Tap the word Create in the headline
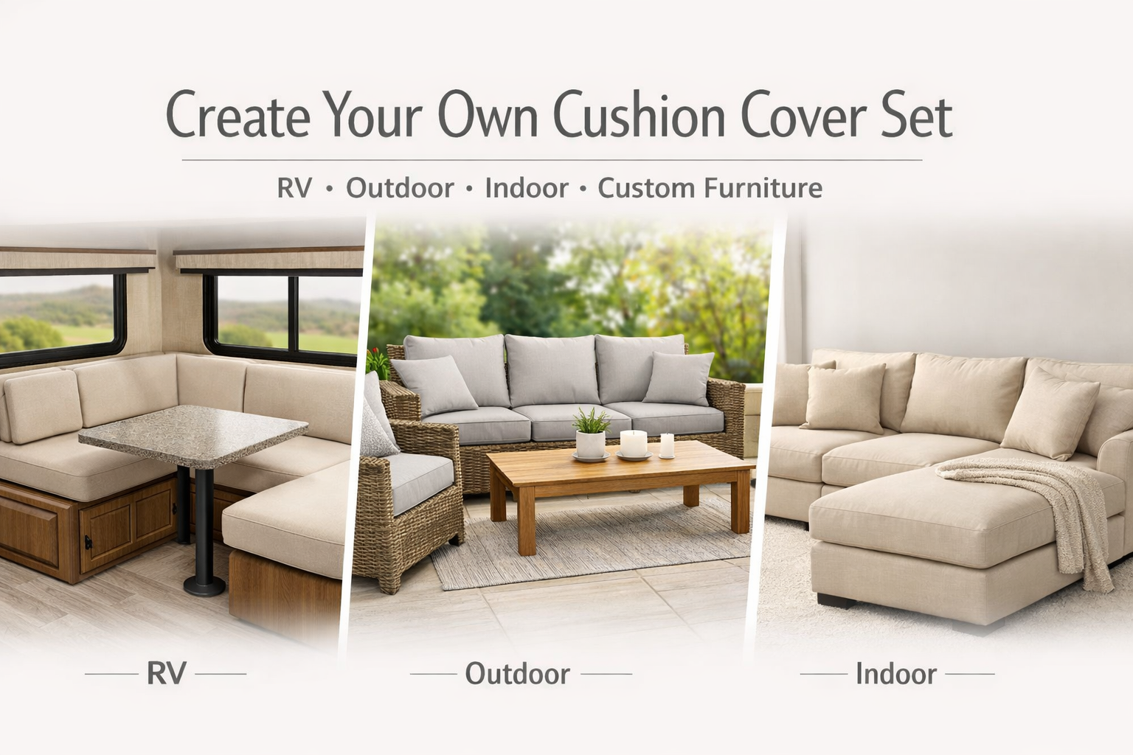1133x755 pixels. click(238, 114)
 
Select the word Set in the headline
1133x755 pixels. click(917, 115)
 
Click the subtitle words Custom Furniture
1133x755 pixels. click(710, 188)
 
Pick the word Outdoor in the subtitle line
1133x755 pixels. click(400, 188)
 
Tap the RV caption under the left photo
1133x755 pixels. click(167, 674)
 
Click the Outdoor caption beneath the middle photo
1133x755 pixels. click(517, 674)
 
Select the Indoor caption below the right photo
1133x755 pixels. click(896, 674)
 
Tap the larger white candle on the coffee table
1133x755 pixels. click(634, 444)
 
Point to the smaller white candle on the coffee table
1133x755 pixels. click(667, 445)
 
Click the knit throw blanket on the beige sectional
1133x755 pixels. click(1037, 511)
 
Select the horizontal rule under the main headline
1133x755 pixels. click(552, 160)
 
